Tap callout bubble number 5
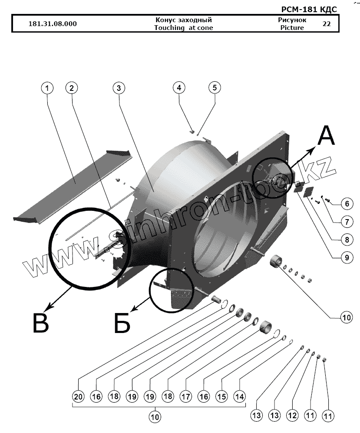[x=214, y=88]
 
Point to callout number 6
[x=346, y=203]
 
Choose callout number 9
[x=346, y=257]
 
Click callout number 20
[x=78, y=396]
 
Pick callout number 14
[x=240, y=396]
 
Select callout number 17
[x=186, y=396]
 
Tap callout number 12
[x=293, y=415]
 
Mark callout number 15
[x=221, y=396]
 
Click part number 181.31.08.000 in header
[x=52, y=24]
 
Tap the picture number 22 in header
[x=327, y=24]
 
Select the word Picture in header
[x=292, y=28]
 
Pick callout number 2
[x=72, y=88]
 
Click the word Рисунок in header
[x=292, y=20]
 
